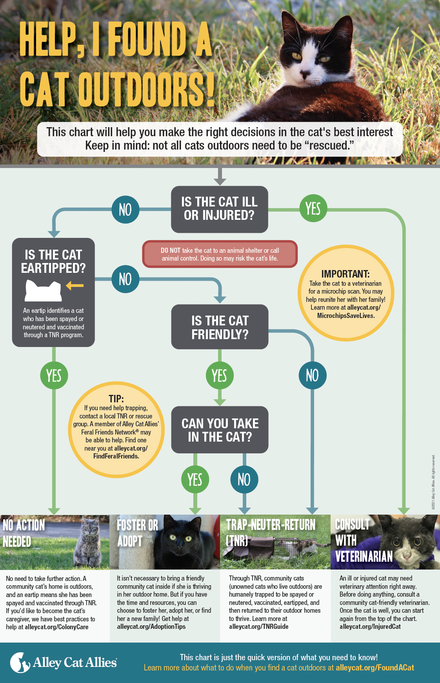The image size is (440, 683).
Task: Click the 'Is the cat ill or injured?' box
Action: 220,209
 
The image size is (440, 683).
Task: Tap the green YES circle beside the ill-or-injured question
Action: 313,208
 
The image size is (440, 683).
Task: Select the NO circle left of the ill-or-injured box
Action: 125,209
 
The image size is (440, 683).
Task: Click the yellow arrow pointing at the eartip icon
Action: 75,285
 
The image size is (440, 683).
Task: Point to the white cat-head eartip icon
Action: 44,290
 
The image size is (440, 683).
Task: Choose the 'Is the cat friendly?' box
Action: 220,327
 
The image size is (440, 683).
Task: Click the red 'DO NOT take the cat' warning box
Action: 220,254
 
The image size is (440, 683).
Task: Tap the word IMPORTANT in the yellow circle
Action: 345,274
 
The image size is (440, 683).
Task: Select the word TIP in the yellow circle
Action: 116,399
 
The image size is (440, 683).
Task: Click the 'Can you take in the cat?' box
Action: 220,430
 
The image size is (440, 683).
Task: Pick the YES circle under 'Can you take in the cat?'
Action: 195,479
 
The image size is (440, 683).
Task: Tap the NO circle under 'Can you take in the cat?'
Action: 244,479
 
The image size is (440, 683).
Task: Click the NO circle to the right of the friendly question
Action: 313,375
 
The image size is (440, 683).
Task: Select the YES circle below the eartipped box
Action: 54,375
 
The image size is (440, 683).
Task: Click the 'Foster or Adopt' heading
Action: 137,533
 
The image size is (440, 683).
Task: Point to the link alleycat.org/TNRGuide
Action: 259,627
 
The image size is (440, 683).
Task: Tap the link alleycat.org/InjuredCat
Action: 370,627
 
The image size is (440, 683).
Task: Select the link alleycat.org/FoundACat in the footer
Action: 375,668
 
